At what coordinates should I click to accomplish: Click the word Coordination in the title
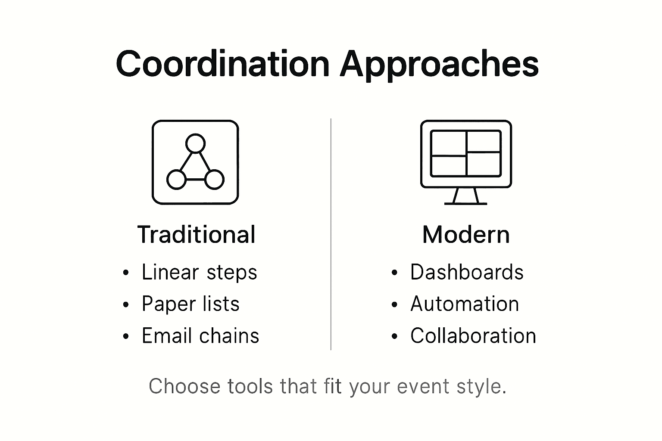coord(223,64)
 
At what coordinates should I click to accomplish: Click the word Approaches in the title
coord(440,65)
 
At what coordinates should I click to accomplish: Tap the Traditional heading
coord(196,235)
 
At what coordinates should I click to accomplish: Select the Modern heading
coord(466,235)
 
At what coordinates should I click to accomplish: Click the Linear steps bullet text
coord(200,272)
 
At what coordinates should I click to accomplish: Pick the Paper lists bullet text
coord(190,304)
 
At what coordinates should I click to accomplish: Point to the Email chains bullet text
coord(200,335)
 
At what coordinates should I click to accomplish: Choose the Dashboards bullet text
coord(467,272)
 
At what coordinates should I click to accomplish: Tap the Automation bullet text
coord(465,304)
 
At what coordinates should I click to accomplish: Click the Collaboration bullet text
coord(473,335)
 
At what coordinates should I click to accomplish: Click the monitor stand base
coord(466,204)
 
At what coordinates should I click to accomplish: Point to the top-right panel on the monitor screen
coord(484,141)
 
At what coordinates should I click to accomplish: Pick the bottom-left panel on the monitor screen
coord(448,165)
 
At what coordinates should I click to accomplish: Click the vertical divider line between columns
coord(331,234)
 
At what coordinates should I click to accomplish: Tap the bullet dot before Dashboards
coord(394,273)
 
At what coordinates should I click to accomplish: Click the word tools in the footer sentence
coord(250,386)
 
